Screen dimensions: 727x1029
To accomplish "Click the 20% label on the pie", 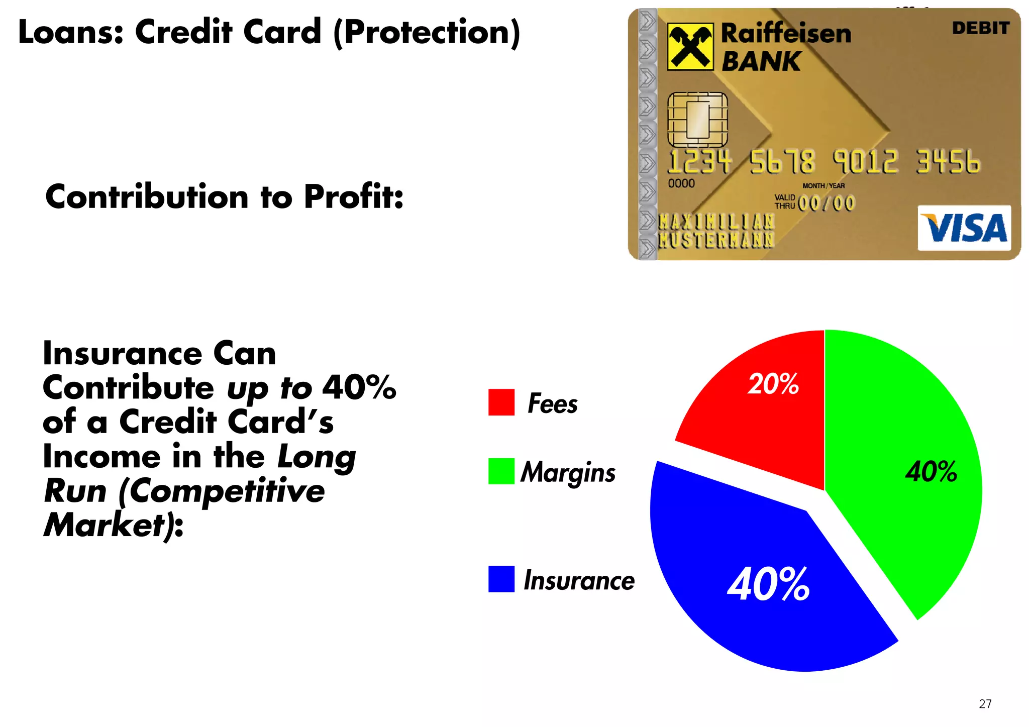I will (x=773, y=384).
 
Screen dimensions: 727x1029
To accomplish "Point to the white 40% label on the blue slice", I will (x=768, y=584).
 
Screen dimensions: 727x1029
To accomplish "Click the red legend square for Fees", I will (x=501, y=402).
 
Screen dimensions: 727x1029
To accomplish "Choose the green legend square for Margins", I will (x=501, y=471).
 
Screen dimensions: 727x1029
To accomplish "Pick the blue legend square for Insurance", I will (x=501, y=579).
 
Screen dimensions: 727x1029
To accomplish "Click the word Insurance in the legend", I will (x=579, y=581).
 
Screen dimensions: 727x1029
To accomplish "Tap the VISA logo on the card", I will (x=964, y=228).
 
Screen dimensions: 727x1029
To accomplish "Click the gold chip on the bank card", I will (x=697, y=120).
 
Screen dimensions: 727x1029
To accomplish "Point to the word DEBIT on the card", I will (x=980, y=28).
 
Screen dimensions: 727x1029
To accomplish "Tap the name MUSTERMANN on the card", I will (x=716, y=240).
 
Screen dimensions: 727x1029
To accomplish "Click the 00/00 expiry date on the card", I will (x=826, y=203).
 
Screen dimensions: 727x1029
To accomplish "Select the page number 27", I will (x=985, y=704).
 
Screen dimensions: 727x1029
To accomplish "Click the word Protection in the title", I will (x=427, y=32).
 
